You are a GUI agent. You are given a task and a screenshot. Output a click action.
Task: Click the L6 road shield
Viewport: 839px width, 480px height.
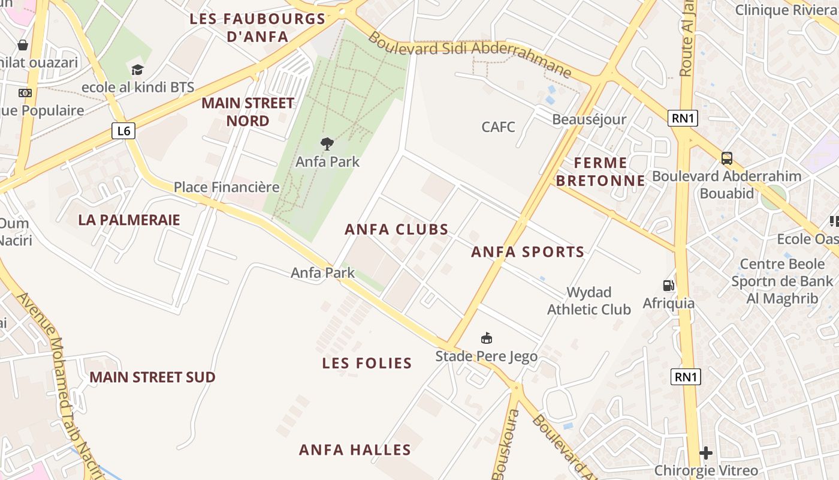coord(123,130)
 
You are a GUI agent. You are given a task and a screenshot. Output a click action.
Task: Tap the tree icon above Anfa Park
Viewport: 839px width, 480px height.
coord(327,143)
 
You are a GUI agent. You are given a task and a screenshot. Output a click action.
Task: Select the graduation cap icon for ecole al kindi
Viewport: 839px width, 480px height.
coord(138,70)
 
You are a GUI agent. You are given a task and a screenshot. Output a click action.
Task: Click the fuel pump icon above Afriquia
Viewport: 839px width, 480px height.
coord(668,285)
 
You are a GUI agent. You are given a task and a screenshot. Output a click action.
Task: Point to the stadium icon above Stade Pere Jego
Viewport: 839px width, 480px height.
coord(487,338)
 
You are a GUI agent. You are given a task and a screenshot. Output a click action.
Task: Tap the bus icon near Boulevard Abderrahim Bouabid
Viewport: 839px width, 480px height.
coord(727,158)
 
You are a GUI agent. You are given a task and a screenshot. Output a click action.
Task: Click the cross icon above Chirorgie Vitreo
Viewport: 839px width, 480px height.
coord(706,453)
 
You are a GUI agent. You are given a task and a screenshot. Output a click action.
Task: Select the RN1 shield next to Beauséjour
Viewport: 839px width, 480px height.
coord(683,118)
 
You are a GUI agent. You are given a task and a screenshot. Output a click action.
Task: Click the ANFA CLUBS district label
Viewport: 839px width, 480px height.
coord(397,229)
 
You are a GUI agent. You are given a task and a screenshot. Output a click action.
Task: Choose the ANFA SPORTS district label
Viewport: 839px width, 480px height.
coord(527,252)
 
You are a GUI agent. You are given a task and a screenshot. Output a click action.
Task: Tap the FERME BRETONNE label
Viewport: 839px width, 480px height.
coord(600,172)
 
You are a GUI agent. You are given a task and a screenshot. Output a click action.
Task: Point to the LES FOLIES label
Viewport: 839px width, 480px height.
coord(367,363)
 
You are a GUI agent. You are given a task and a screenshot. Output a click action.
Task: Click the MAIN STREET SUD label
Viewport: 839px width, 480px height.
coord(152,377)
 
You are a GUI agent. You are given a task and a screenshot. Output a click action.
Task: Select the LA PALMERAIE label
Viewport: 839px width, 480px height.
coord(129,220)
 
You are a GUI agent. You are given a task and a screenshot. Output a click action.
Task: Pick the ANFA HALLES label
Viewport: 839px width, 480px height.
coord(355,450)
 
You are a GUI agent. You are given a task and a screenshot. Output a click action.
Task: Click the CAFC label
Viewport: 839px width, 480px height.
coord(498,127)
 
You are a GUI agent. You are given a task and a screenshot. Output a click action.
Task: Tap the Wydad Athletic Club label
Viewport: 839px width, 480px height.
coord(589,301)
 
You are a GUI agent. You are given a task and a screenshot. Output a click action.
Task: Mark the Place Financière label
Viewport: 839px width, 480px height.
coord(227,187)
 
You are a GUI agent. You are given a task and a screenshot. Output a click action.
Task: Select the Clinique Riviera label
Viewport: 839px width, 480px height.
coord(786,10)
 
